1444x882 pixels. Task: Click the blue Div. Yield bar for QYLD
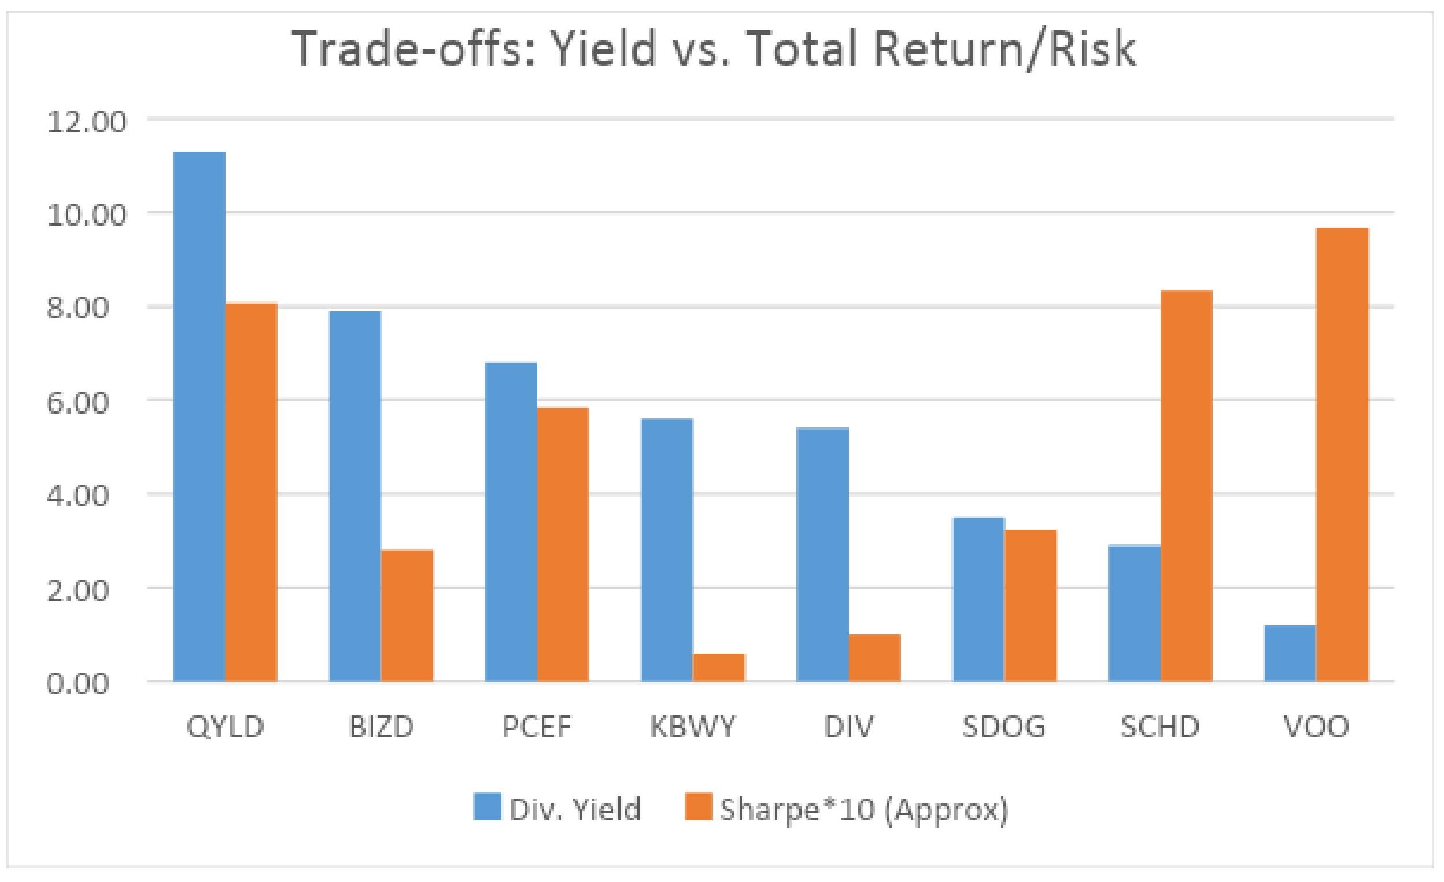200,416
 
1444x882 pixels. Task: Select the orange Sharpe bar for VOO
1342,454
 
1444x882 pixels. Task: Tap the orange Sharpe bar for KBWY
718,667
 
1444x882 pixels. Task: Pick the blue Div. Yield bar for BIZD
355,496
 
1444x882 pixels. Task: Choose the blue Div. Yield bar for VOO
1290,653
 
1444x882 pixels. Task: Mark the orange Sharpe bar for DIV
874,658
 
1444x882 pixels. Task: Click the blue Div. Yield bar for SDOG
978,599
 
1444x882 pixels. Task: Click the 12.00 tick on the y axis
87,123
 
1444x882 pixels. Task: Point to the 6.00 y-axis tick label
87,403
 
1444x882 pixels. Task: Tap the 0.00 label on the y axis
87,684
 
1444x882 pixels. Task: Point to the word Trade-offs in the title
410,49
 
